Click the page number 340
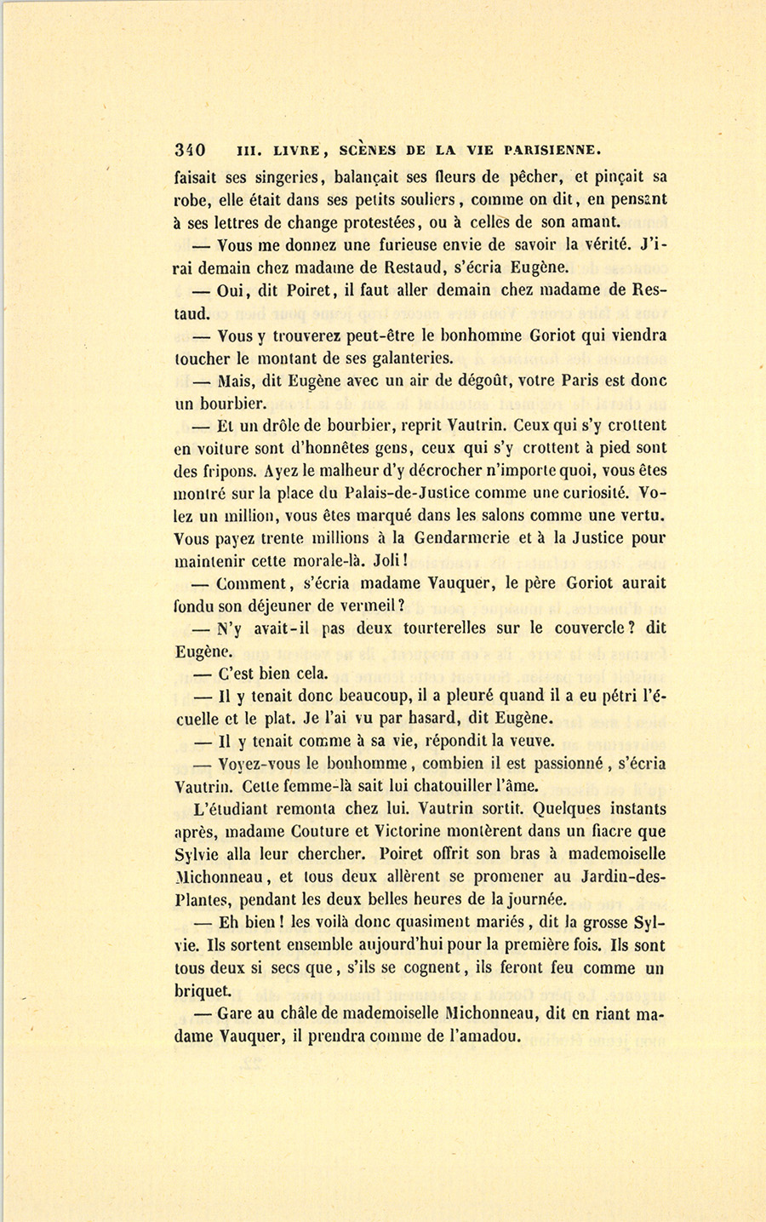(x=189, y=150)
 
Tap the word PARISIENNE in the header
(x=552, y=150)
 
